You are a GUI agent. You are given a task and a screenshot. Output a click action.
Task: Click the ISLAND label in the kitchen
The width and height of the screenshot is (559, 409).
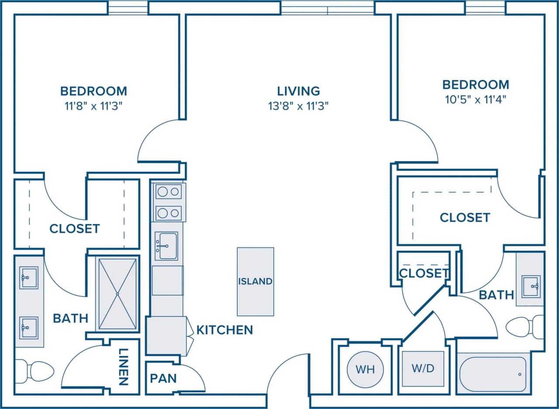click(255, 281)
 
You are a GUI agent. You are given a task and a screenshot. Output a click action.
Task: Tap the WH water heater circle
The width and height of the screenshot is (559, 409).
click(365, 369)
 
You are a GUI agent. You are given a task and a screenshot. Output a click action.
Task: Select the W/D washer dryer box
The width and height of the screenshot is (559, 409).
click(423, 368)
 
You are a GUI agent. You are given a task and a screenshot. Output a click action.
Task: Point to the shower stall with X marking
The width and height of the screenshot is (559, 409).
click(117, 294)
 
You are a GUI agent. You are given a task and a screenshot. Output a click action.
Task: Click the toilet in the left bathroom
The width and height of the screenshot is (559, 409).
click(35, 371)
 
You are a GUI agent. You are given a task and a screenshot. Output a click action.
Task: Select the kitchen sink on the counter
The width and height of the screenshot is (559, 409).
click(166, 246)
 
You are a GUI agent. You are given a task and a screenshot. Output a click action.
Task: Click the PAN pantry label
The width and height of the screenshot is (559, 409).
click(163, 378)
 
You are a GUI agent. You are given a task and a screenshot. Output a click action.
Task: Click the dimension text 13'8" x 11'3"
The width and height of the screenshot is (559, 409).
click(299, 105)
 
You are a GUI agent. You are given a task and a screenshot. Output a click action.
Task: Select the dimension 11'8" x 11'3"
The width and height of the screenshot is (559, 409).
click(93, 105)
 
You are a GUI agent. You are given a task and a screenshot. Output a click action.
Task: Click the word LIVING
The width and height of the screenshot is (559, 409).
click(299, 91)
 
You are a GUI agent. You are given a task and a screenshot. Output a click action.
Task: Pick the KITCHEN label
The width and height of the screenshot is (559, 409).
click(224, 330)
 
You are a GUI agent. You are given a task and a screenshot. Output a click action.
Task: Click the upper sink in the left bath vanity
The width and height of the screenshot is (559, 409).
click(29, 278)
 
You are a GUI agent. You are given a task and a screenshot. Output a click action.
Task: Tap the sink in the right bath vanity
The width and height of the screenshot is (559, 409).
click(531, 286)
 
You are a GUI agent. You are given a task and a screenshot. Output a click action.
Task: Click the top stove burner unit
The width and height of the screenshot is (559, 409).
click(169, 191)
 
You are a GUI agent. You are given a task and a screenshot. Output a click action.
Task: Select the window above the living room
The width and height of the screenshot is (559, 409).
click(328, 8)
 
